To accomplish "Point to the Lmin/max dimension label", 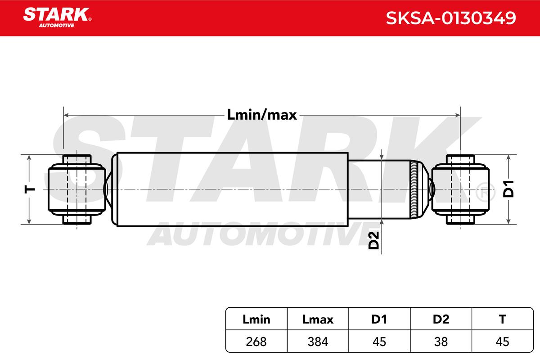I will click(261, 115).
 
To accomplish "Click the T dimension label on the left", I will click(30, 189).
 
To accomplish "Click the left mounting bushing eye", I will click(76, 189).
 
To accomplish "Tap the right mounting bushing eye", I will click(460, 189).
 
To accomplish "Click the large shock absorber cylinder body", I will click(232, 189).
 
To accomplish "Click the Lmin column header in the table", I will click(256, 319).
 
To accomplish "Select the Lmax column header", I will click(318, 319).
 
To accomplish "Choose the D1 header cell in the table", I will click(379, 319).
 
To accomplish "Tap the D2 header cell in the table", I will click(441, 319).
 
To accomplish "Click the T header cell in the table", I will click(502, 319).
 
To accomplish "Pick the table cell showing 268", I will click(256, 342).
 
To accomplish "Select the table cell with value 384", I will click(318, 342).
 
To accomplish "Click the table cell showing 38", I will click(441, 342).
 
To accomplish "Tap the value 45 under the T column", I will click(502, 342).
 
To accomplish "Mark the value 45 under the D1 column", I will click(379, 342).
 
